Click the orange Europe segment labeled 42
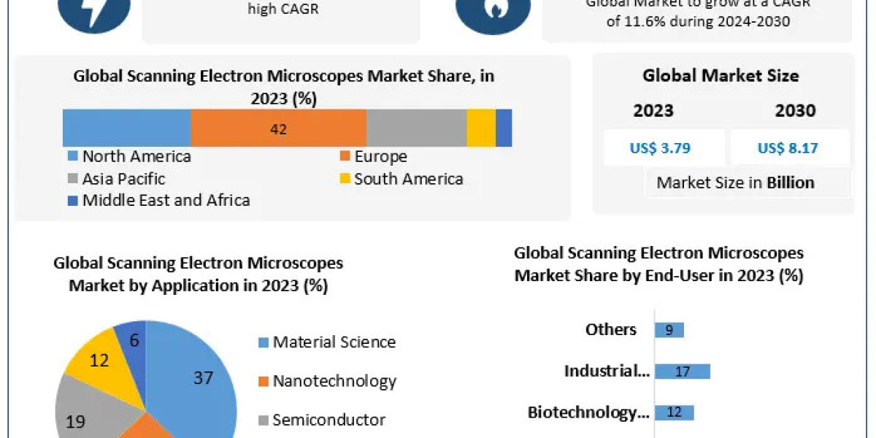tap(278, 129)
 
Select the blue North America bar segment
tap(126, 129)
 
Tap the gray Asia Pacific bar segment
tap(416, 129)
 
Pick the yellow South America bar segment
tap(481, 129)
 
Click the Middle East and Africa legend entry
tap(158, 200)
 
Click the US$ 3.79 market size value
tap(660, 148)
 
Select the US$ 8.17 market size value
tap(788, 148)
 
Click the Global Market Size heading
tap(721, 75)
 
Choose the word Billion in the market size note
tap(790, 182)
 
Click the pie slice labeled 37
tap(201, 380)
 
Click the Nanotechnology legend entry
tap(326, 381)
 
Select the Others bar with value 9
tap(669, 330)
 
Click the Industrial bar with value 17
tap(682, 372)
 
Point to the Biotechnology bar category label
tap(588, 412)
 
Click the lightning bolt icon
tap(93, 12)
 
